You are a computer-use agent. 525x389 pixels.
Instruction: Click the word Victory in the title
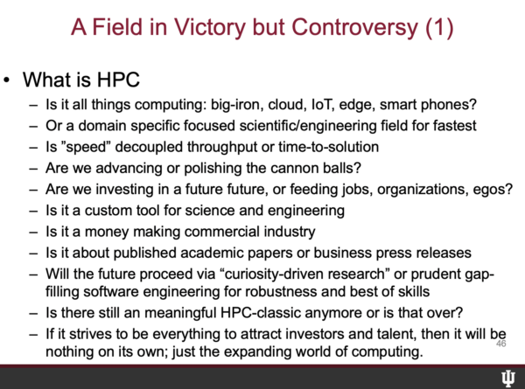click(x=210, y=28)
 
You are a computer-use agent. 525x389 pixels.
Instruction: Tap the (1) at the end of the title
click(x=439, y=28)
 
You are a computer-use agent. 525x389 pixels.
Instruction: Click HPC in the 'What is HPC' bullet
click(x=118, y=80)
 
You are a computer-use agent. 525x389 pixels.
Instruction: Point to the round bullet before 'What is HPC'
click(x=6, y=80)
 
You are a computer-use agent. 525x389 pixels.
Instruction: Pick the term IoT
click(x=322, y=105)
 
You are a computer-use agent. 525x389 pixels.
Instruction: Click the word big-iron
click(x=235, y=106)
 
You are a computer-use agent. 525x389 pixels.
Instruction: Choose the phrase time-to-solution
click(x=328, y=147)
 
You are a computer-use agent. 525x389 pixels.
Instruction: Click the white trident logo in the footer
click(x=508, y=379)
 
